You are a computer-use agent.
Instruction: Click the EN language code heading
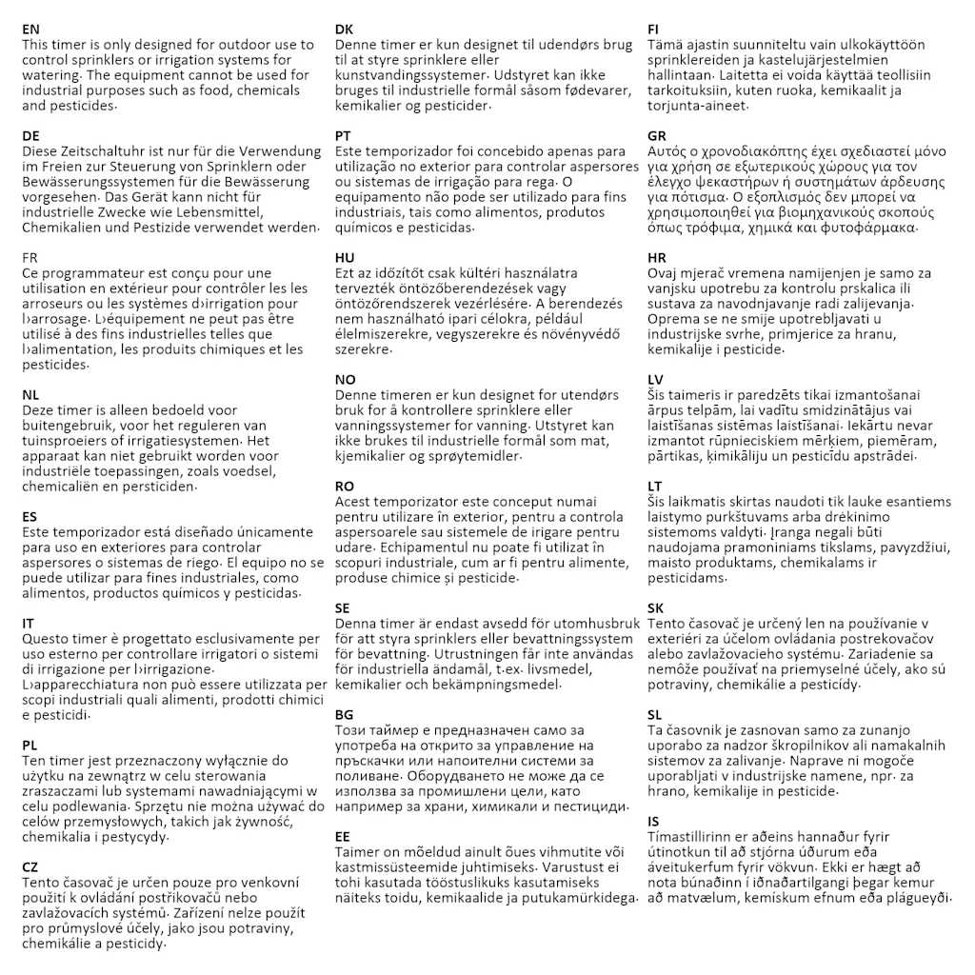click(x=30, y=30)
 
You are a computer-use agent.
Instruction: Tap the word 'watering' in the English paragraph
click(x=50, y=75)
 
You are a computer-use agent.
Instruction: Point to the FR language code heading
click(x=30, y=258)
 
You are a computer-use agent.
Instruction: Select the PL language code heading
click(x=30, y=746)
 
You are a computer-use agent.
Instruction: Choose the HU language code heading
click(x=345, y=258)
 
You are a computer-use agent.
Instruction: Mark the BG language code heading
click(x=345, y=715)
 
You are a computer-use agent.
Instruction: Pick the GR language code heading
click(x=657, y=136)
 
